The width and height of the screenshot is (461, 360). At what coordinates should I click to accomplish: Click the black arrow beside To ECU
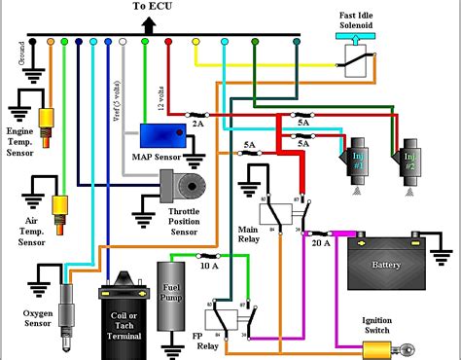147,25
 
